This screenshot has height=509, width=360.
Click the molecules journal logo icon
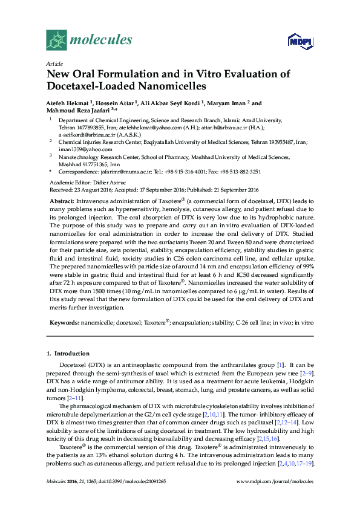(x=57, y=41)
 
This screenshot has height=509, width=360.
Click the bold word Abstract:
(x=62, y=200)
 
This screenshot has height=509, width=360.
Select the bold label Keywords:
(x=64, y=323)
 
